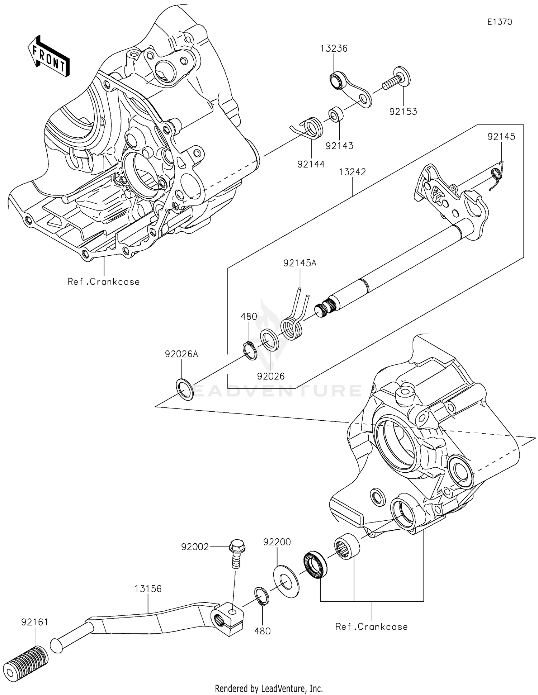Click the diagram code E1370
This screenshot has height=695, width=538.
click(x=499, y=22)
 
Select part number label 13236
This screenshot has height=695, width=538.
click(x=334, y=48)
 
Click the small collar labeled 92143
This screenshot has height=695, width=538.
click(x=336, y=114)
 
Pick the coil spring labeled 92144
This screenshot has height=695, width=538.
click(x=311, y=128)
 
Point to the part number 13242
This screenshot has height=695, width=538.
click(x=352, y=172)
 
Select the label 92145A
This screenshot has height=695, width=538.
click(x=299, y=263)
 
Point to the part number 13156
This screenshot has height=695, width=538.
click(x=148, y=588)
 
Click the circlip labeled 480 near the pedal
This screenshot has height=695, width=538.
click(x=260, y=597)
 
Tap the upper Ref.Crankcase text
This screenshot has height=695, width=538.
click(x=104, y=282)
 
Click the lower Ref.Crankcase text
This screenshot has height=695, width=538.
click(x=371, y=627)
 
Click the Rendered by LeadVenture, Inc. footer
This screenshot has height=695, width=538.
click(x=269, y=688)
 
